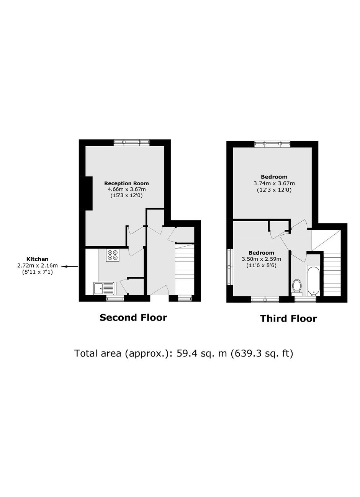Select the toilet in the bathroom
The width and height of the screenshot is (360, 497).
(296, 288)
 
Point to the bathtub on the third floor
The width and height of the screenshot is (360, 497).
(313, 280)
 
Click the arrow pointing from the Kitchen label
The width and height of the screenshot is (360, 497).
(69, 266)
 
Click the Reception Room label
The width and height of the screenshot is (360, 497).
(126, 183)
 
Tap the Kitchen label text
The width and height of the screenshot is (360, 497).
(38, 259)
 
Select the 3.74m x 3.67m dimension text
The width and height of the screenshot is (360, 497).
(274, 183)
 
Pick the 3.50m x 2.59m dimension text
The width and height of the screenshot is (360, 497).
(262, 259)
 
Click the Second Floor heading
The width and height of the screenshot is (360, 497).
(133, 317)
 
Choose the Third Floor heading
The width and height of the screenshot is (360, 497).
(288, 319)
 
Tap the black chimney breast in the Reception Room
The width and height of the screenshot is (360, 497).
(89, 193)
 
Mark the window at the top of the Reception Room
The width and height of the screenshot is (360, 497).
(132, 142)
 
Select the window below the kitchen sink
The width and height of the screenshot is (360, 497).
(115, 298)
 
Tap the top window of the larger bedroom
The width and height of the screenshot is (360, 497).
(272, 144)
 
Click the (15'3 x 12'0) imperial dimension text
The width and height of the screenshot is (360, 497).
(126, 196)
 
